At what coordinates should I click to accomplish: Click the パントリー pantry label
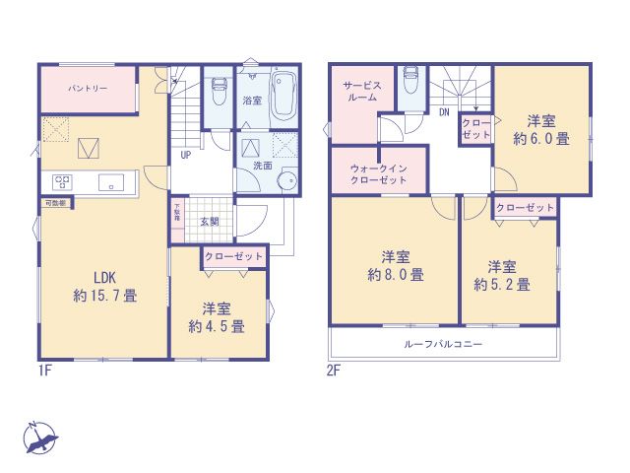click(x=88, y=89)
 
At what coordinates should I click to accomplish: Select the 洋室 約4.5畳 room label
click(x=218, y=315)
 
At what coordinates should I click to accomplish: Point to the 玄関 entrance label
click(x=210, y=222)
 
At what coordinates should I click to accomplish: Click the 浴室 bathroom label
click(x=250, y=101)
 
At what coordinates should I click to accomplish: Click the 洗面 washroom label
click(x=263, y=166)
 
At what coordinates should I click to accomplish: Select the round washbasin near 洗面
click(x=286, y=180)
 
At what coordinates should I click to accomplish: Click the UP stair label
click(x=184, y=155)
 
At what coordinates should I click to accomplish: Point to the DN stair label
click(x=444, y=111)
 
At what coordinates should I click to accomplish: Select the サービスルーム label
click(x=355, y=93)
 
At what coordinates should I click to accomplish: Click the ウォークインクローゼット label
click(x=378, y=175)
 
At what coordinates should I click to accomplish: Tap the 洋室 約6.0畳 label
click(x=540, y=130)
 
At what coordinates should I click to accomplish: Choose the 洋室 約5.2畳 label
click(x=501, y=275)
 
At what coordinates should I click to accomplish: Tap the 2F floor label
click(x=336, y=372)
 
